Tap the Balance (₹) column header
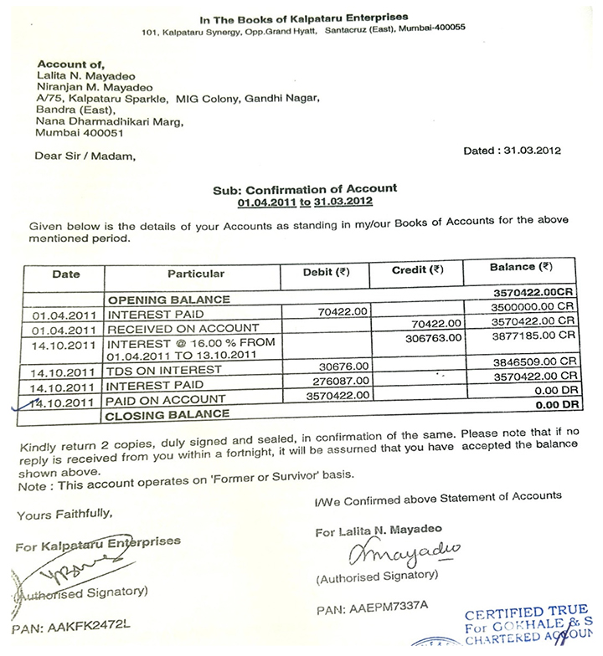tap(521, 268)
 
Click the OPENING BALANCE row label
tap(166, 300)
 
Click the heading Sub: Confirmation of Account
tap(305, 189)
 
